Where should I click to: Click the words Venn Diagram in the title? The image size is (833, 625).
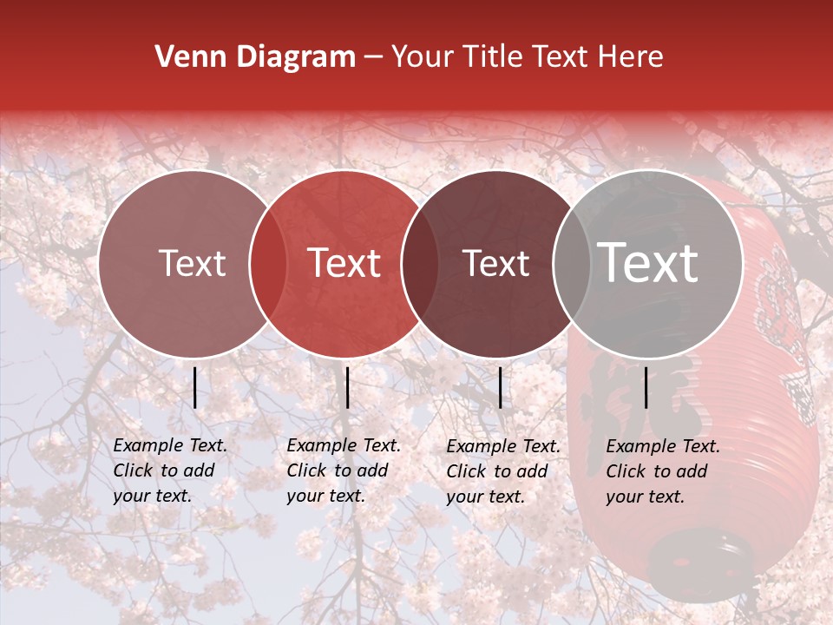click(255, 57)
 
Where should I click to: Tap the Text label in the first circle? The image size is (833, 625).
click(193, 263)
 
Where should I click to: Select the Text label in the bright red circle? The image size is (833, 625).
click(344, 263)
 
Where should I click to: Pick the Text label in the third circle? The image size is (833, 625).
click(496, 263)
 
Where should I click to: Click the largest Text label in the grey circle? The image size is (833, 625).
click(648, 263)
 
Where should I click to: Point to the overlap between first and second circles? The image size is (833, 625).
click(268, 263)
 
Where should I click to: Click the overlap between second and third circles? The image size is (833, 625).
click(419, 263)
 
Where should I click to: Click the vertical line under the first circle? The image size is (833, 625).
click(195, 387)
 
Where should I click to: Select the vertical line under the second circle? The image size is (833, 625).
click(347, 387)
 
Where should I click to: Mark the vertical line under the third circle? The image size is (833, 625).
click(500, 387)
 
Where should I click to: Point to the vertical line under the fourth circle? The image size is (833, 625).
click(646, 387)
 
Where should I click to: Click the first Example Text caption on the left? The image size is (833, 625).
click(169, 470)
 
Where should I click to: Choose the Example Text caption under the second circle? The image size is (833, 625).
click(343, 470)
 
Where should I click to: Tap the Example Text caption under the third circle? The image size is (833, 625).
click(502, 471)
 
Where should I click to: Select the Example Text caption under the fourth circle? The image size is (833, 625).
click(662, 471)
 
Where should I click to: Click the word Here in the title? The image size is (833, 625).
click(632, 57)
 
